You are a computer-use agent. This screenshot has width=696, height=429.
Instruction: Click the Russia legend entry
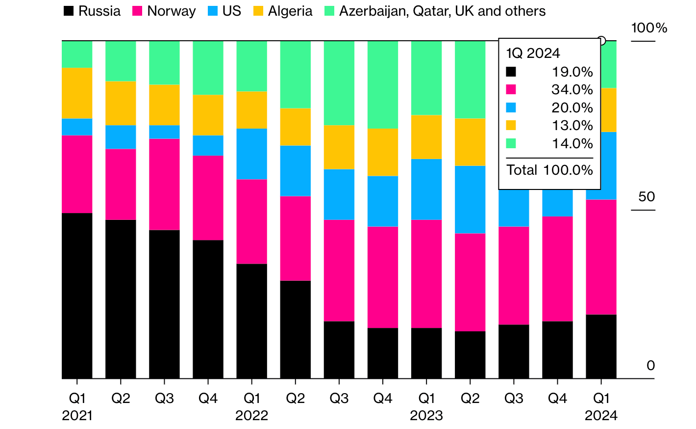(92, 11)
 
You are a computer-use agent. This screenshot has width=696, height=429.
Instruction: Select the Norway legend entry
(164, 11)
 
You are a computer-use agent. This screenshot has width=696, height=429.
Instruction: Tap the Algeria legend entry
(282, 11)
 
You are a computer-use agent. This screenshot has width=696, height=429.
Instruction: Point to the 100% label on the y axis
(649, 28)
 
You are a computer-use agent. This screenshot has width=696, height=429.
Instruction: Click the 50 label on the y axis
(646, 197)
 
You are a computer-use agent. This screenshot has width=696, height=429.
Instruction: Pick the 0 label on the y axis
(650, 366)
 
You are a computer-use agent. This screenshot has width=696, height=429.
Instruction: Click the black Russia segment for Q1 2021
(77, 295)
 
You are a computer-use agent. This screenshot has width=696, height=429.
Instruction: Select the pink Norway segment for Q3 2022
(339, 270)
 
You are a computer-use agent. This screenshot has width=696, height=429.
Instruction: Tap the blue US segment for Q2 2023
(470, 199)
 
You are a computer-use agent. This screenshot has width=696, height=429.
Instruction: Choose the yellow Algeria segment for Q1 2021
(77, 93)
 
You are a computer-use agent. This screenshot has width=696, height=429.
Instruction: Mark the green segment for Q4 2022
(383, 84)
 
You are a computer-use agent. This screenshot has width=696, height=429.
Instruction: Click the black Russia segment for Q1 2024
(601, 346)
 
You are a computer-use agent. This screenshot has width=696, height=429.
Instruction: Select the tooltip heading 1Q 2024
(533, 53)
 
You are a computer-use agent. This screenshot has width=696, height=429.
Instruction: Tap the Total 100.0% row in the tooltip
(549, 170)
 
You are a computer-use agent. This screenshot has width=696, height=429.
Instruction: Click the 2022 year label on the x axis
(252, 416)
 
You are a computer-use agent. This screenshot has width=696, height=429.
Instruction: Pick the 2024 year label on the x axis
(601, 416)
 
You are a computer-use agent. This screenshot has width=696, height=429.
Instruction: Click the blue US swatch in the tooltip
(511, 107)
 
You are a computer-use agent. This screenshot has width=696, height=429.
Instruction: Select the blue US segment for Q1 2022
(252, 154)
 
